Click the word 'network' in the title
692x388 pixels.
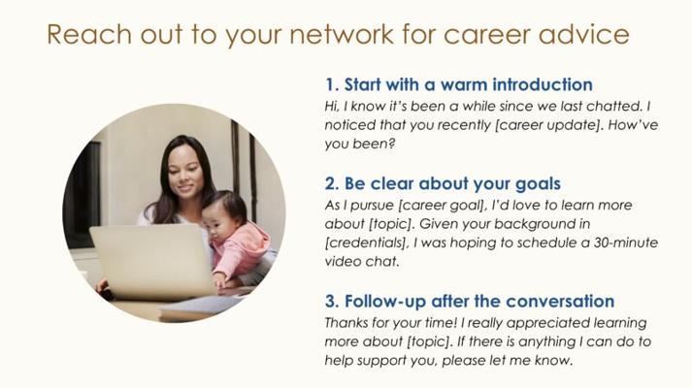tap(342, 34)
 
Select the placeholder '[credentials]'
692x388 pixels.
tap(366, 242)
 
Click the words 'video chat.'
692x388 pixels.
tap(362, 262)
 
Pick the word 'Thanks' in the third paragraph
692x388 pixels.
tap(346, 323)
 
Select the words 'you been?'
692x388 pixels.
tap(360, 144)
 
